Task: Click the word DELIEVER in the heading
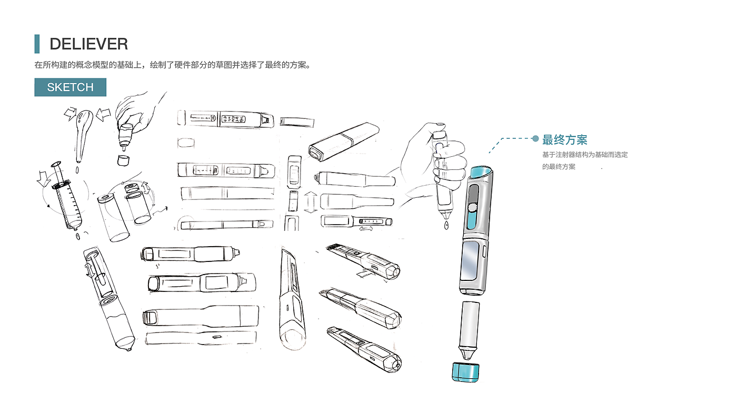[x=88, y=44]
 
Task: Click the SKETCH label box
[x=70, y=87]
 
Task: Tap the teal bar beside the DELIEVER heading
[x=37, y=44]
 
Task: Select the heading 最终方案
[x=565, y=140]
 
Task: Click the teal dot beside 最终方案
[x=535, y=138]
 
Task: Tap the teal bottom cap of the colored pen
[x=466, y=371]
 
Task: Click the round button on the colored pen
[x=472, y=208]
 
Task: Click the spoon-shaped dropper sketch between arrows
[x=83, y=132]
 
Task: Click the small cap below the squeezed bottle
[x=124, y=159]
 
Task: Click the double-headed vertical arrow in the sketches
[x=310, y=202]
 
